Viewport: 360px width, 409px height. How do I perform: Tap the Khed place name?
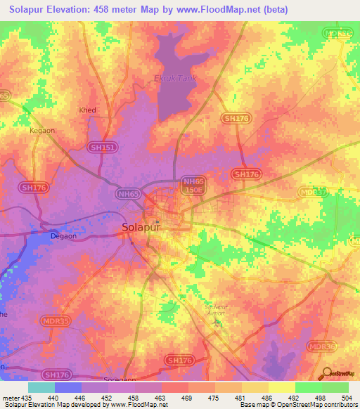tap(88, 110)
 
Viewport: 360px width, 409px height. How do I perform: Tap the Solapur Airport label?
tap(216, 311)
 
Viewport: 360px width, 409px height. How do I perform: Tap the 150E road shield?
tap(193, 190)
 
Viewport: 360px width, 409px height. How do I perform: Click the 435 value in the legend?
tap(27, 398)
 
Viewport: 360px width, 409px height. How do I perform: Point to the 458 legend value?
tap(134, 398)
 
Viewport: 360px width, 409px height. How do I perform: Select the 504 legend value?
tap(348, 398)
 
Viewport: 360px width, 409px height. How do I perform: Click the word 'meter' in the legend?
tap(10, 398)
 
